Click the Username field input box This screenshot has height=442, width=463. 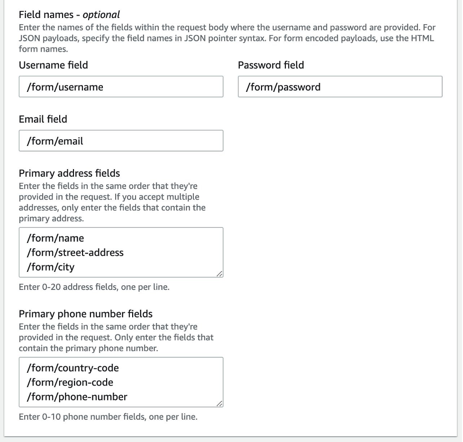click(121, 87)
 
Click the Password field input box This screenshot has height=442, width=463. click(340, 87)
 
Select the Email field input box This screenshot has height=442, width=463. click(121, 141)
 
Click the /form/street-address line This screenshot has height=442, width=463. click(75, 253)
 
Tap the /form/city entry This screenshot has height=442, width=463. click(51, 267)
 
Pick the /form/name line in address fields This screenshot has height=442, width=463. click(55, 238)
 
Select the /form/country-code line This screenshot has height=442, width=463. click(73, 368)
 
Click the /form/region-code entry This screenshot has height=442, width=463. click(70, 382)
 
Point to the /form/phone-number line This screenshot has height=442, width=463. click(77, 397)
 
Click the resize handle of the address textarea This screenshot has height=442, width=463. click(219, 273)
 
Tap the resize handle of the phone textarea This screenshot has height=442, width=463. click(219, 403)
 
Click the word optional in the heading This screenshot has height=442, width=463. click(101, 15)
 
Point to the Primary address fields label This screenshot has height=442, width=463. click(69, 173)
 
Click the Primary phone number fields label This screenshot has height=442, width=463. click(85, 314)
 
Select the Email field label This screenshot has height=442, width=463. click(43, 119)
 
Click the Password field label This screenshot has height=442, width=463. click(271, 65)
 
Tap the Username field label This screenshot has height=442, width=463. click(53, 65)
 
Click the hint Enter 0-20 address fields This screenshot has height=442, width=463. click(94, 287)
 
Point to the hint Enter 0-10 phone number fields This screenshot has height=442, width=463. click(108, 417)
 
